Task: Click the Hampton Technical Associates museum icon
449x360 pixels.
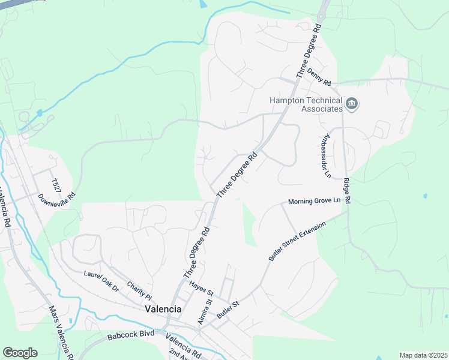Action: point(352,105)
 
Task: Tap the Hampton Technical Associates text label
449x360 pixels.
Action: point(306,105)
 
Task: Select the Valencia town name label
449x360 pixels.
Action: point(163,308)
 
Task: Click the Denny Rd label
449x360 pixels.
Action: point(319,76)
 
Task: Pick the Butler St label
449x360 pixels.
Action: point(228,310)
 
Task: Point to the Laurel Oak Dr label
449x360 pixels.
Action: point(101,280)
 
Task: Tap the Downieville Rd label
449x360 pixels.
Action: point(56,196)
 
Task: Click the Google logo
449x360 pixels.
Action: point(20,353)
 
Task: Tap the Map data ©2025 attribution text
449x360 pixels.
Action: point(423,355)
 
